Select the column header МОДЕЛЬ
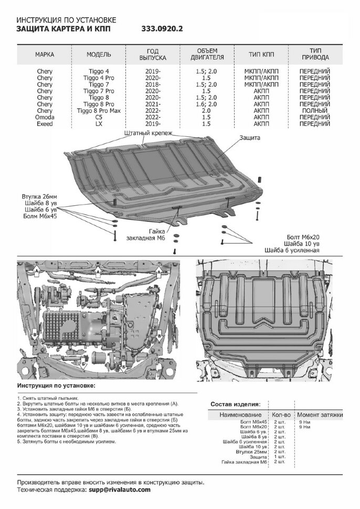coord(99,55)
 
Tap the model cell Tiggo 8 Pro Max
coord(99,111)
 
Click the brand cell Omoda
coord(45,118)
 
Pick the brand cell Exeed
coord(45,124)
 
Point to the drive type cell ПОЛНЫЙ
coord(314,111)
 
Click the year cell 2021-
coord(153,104)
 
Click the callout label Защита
coord(250,137)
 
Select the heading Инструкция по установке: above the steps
coord(56,386)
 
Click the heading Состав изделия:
coord(235,404)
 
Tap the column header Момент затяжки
coord(320,415)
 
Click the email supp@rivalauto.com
coord(119,489)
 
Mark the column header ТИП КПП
coord(261,55)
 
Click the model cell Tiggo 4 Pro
coord(99,77)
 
